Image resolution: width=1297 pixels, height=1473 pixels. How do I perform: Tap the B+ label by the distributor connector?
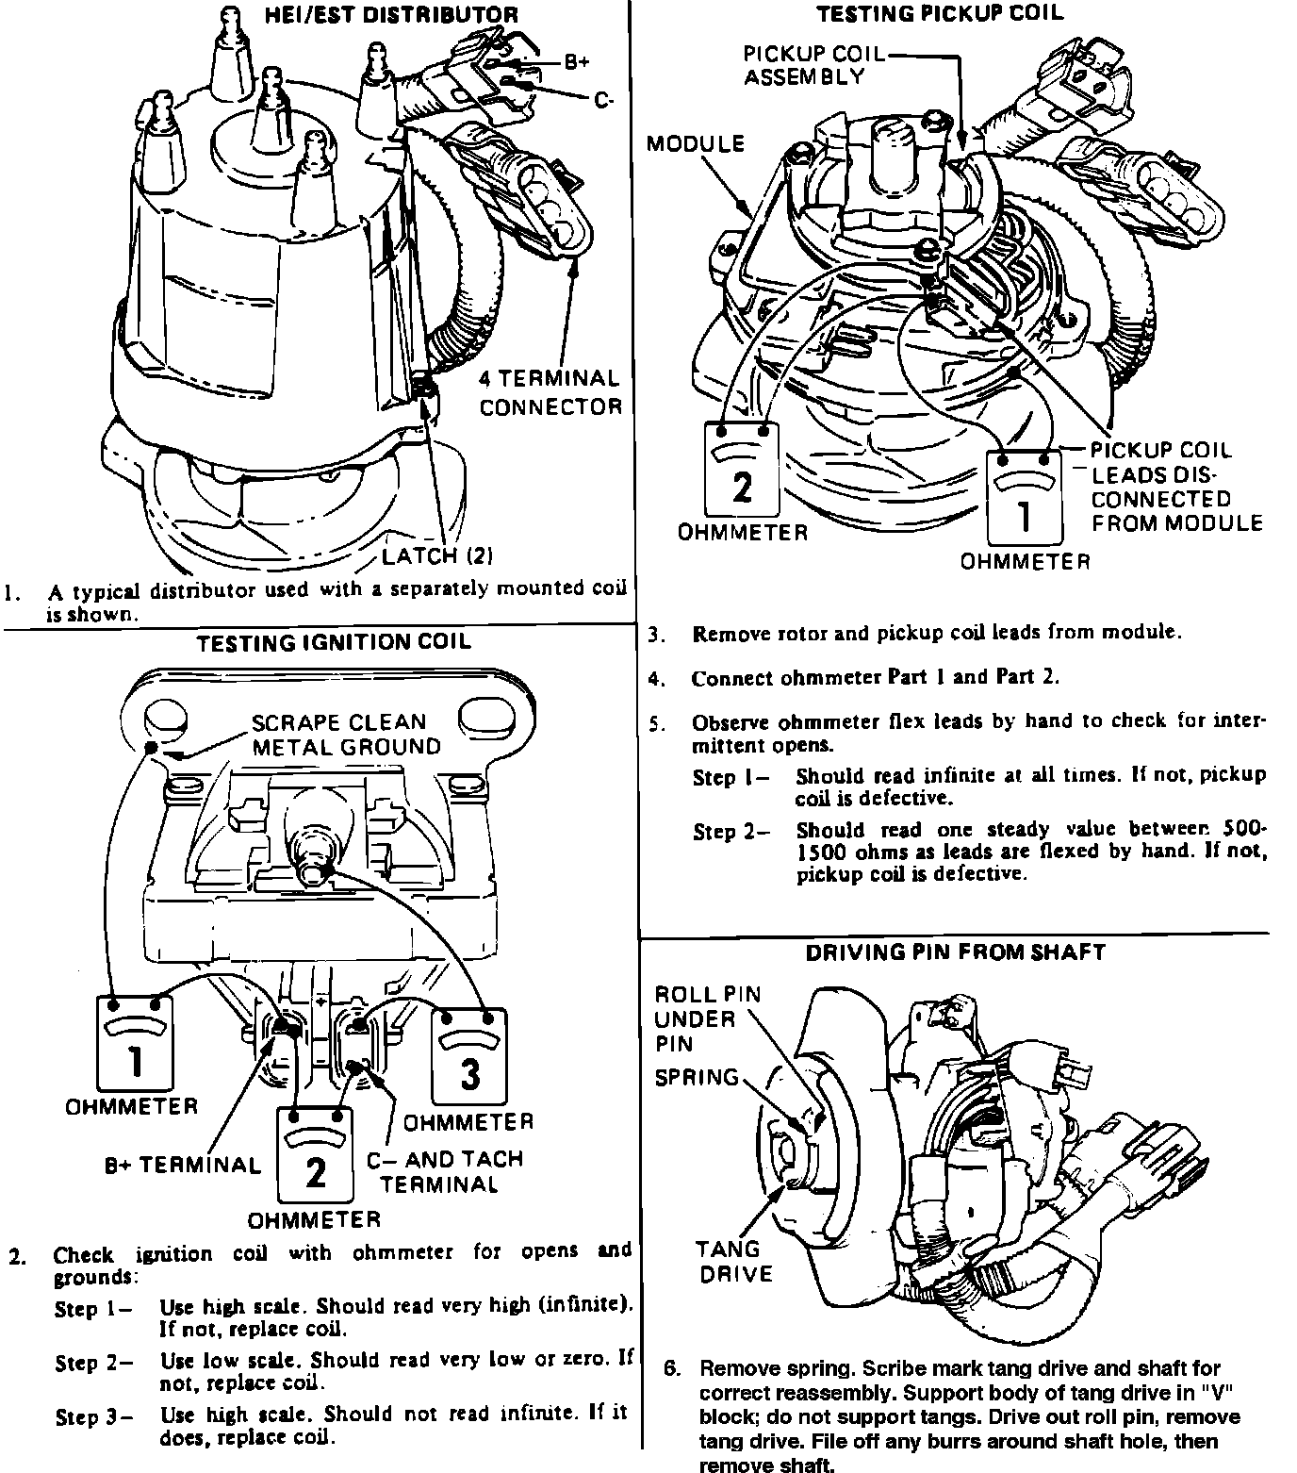(x=577, y=62)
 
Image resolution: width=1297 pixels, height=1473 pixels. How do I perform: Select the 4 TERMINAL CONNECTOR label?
(x=550, y=393)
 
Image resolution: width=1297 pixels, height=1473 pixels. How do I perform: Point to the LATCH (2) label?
(x=437, y=554)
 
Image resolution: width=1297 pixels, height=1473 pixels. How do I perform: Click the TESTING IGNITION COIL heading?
(x=333, y=643)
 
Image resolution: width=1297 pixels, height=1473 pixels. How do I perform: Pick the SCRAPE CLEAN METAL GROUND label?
(x=345, y=735)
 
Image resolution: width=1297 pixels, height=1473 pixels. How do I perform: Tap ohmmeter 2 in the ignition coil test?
(x=315, y=1153)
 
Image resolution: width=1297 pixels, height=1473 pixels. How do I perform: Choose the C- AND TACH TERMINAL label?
(x=444, y=1171)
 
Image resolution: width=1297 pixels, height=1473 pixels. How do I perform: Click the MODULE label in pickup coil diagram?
(x=696, y=144)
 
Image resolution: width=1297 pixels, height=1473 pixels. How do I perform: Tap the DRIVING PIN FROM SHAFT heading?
(x=955, y=952)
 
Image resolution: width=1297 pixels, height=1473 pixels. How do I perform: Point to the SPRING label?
(x=697, y=1078)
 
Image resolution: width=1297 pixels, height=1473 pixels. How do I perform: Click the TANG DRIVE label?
(x=733, y=1262)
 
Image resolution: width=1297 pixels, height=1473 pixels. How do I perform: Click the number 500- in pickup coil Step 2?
(x=1243, y=829)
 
